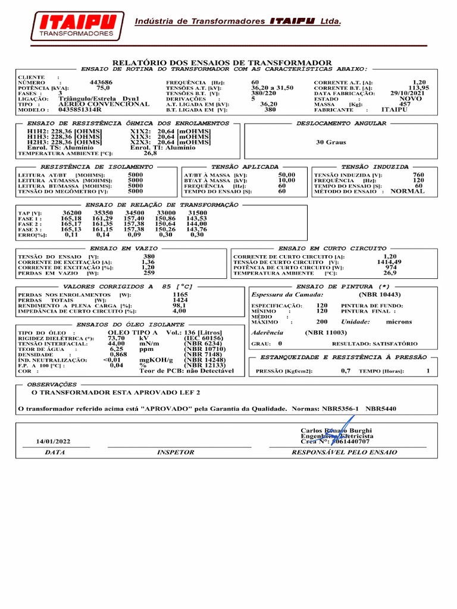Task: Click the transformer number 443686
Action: point(101,82)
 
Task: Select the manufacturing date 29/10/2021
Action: point(407,93)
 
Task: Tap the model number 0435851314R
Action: point(80,110)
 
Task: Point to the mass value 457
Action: point(405,104)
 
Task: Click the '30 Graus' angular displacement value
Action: point(331,143)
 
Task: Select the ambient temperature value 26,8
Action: point(151,153)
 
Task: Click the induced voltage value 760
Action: point(418,175)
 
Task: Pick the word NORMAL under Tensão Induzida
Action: point(407,192)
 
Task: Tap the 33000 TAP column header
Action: point(165,212)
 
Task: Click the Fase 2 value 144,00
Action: point(197,224)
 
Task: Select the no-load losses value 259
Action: point(149,272)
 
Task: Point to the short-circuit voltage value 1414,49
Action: point(389,262)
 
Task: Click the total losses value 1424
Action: point(180,300)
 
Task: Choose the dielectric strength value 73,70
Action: point(116,338)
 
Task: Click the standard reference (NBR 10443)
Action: point(379,294)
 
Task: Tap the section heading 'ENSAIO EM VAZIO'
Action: point(124,248)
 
